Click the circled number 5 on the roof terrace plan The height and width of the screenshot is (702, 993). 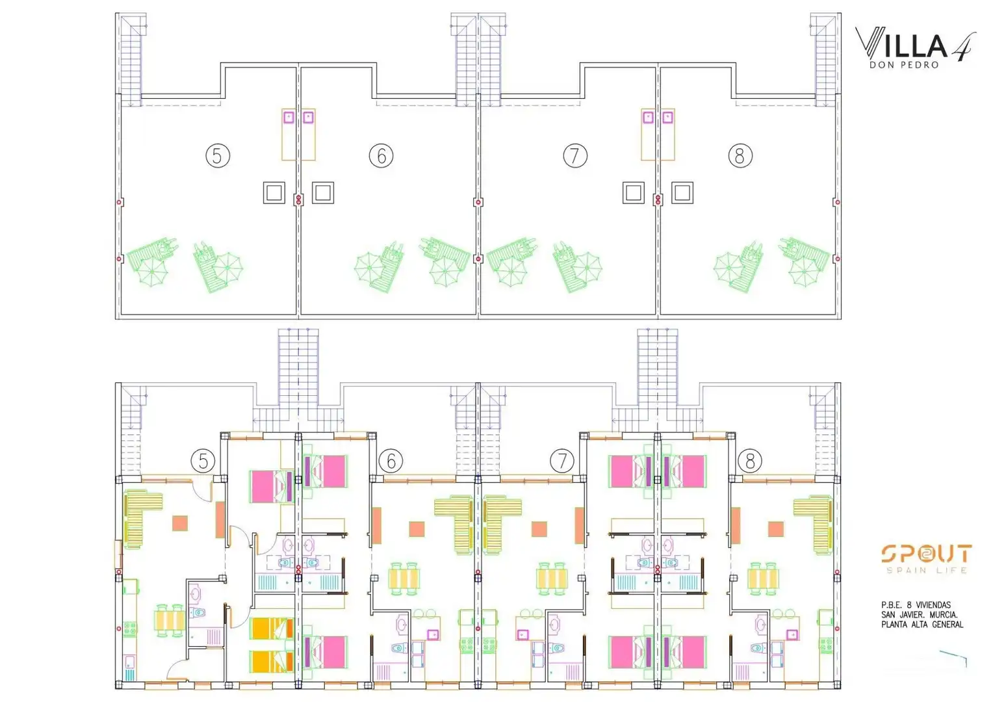click(x=218, y=156)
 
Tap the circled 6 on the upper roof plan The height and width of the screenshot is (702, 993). click(x=381, y=156)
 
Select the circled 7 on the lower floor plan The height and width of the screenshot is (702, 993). click(x=562, y=461)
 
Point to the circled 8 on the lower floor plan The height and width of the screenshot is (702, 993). click(x=750, y=461)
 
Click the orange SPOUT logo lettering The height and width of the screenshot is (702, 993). click(x=927, y=554)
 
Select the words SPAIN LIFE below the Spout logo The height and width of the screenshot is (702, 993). click(x=927, y=570)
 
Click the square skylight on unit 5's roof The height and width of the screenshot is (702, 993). click(x=274, y=193)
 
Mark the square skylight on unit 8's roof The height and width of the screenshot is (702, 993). click(x=682, y=193)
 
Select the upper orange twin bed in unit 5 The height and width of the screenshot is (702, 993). click(x=272, y=629)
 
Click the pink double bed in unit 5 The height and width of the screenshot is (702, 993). click(x=272, y=486)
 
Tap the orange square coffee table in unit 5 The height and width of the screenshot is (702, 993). click(x=179, y=523)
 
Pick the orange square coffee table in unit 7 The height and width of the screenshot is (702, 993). click(x=539, y=529)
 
